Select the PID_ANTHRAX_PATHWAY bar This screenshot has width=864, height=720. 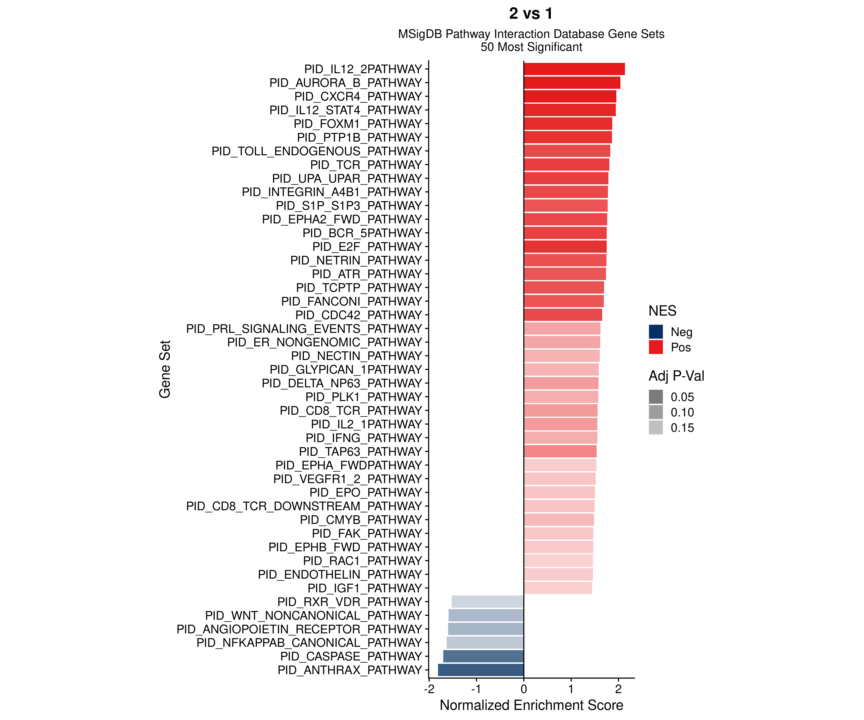coord(480,670)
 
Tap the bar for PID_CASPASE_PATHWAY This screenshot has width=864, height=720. coord(483,656)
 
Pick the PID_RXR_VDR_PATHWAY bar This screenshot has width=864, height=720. coord(487,601)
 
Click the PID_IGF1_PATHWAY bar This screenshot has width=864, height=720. coord(558,588)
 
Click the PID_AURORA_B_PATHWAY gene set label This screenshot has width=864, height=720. coord(346,83)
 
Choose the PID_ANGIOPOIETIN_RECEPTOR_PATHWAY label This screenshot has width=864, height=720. coord(299,629)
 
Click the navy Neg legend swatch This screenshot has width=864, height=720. coord(656,332)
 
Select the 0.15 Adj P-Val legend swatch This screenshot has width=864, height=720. coord(656,427)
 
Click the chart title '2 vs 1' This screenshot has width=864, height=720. coord(531,14)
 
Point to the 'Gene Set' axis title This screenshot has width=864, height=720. coord(165,369)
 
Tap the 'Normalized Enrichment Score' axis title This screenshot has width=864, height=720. coord(531,705)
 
